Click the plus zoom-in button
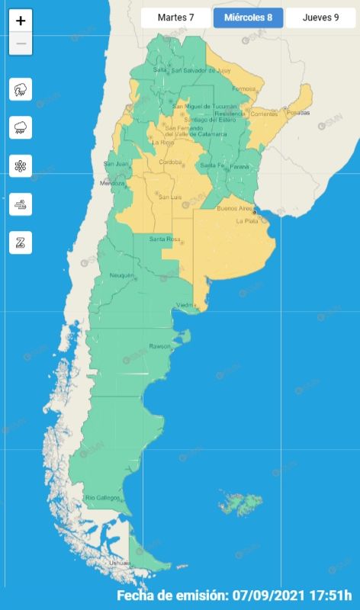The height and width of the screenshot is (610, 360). tap(21, 21)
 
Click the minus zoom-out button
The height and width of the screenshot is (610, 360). tap(21, 43)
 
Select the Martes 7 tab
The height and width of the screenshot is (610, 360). tap(175, 18)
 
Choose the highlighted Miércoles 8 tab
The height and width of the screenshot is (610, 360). tap(249, 18)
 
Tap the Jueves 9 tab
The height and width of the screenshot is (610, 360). tap(320, 18)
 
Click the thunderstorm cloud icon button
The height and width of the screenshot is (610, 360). tap(21, 89)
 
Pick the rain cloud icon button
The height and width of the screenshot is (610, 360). tap(21, 127)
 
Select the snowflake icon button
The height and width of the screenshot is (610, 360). tap(21, 165)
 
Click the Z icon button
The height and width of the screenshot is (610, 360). tap(21, 242)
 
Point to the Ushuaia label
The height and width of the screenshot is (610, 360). tap(121, 563)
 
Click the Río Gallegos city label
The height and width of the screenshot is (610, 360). tap(102, 498)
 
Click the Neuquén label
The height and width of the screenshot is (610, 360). tap(122, 275)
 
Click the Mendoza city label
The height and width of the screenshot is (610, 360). tap(111, 184)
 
